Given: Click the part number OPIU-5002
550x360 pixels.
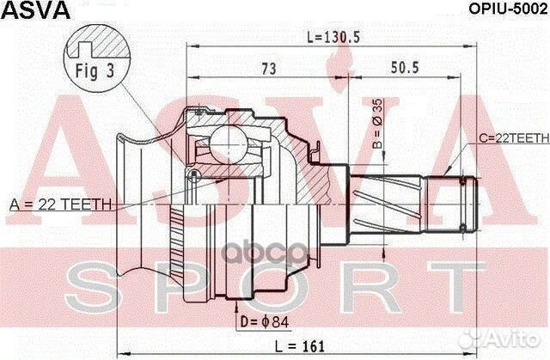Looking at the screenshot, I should [x=504, y=11].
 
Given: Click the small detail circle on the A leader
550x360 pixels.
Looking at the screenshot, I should [x=196, y=175].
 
